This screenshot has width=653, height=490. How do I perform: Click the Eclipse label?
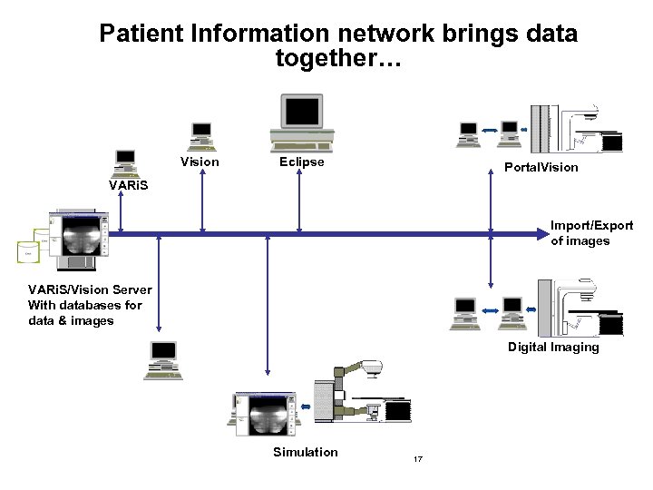click(x=301, y=162)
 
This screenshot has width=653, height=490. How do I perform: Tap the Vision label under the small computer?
click(x=200, y=162)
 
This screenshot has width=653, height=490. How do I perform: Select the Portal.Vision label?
click(x=541, y=167)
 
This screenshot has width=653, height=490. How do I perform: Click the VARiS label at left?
click(x=128, y=185)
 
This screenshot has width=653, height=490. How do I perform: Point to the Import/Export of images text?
click(x=591, y=233)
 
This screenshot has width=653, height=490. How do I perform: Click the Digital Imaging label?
click(x=553, y=348)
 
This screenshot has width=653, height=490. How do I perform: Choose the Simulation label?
click(x=305, y=452)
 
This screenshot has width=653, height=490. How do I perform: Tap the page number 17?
click(x=418, y=459)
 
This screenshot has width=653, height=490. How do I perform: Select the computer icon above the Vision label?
click(x=200, y=135)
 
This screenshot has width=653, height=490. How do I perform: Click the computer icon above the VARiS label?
click(x=125, y=162)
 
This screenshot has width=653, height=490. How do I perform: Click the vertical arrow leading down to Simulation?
click(x=267, y=304)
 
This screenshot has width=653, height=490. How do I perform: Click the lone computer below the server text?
click(x=163, y=360)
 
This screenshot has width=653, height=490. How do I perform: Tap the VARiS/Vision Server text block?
click(x=89, y=305)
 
